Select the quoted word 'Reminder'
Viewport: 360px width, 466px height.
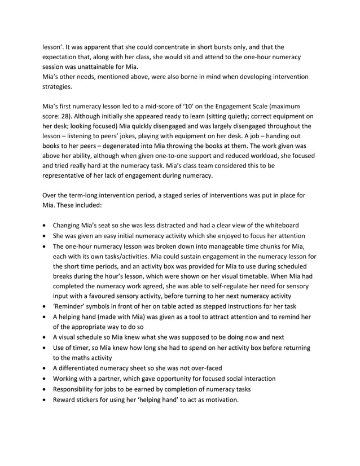(x=71, y=306)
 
